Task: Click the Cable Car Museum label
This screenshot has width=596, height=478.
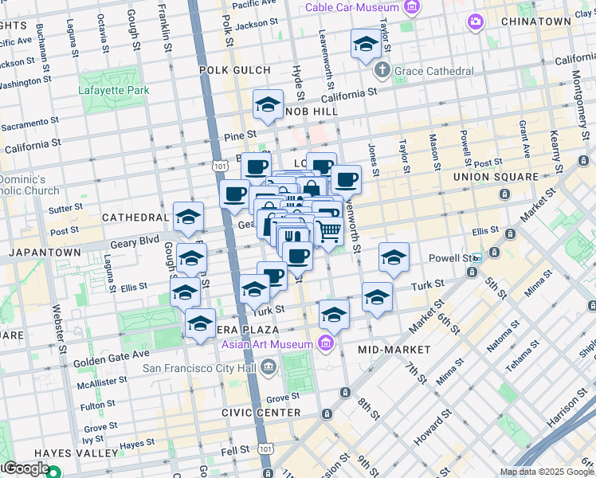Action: pos(354,8)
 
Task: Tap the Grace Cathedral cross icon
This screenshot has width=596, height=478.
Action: pos(384,69)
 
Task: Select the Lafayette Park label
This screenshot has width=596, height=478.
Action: pos(114,90)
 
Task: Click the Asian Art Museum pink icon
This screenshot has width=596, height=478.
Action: pos(325,343)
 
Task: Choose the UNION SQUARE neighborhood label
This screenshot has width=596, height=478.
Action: pos(495,176)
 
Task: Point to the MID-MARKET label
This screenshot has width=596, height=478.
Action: pos(394,350)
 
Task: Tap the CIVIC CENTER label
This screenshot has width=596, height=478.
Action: pos(268,413)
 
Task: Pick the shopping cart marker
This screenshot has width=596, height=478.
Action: pos(329,232)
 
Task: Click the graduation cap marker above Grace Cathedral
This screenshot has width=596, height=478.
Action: pos(366,43)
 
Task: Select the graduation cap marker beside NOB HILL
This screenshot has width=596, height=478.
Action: pos(269,104)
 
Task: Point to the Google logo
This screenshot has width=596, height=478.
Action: pos(25,468)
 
